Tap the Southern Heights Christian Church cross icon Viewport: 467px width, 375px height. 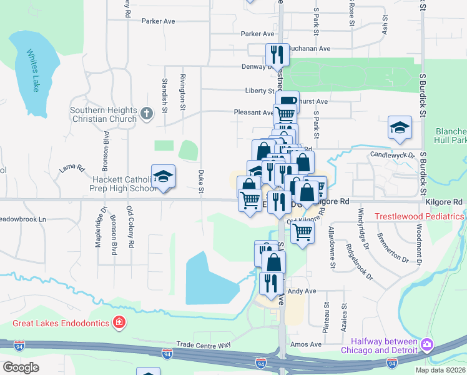(x=146, y=114)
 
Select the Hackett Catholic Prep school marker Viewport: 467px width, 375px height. (x=163, y=177)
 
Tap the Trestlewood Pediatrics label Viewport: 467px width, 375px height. (x=419, y=216)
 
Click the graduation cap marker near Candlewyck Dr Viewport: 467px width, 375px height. (x=400, y=129)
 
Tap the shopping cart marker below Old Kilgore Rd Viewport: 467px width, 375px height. (x=303, y=232)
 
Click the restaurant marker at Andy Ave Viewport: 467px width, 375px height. (x=271, y=282)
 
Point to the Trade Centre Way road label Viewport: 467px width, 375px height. (x=204, y=344)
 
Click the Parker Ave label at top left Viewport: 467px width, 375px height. (x=159, y=21)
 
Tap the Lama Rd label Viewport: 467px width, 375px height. (x=72, y=167)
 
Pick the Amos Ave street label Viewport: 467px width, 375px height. (x=306, y=344)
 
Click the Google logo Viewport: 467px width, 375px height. (x=21, y=368)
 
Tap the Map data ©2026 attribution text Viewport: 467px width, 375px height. (x=440, y=370)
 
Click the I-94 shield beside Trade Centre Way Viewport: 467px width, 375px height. (x=167, y=354)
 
